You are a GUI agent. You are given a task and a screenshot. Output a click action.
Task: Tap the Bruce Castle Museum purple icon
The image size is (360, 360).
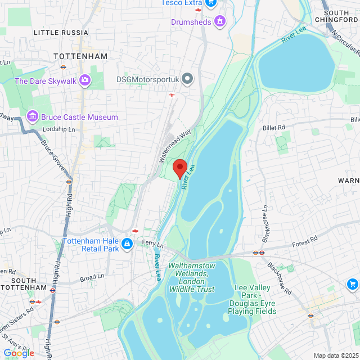click(x=33, y=117)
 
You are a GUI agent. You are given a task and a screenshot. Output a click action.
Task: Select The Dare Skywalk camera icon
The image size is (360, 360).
click(x=85, y=80)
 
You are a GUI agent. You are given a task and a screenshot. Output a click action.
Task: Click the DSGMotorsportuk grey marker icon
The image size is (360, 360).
click(x=188, y=80)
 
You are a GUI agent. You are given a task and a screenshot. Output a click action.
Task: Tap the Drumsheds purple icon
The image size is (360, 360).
click(x=220, y=22)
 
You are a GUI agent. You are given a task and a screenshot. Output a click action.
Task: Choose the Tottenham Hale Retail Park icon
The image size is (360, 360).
click(x=128, y=244)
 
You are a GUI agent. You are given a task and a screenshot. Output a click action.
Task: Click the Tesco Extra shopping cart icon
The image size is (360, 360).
click(x=211, y=3)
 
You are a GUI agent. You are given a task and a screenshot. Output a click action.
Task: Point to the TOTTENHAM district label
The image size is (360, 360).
click(x=80, y=57)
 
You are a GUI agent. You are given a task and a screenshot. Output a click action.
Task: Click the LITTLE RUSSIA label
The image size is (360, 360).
click(x=61, y=33)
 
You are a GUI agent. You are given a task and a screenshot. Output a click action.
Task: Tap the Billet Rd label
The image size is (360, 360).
click(x=274, y=128)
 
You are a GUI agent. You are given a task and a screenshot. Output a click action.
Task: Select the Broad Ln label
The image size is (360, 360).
click(x=92, y=277)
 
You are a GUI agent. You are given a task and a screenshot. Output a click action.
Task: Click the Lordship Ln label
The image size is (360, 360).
click(x=62, y=129)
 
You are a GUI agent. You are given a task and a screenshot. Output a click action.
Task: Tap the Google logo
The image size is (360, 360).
click(x=19, y=353)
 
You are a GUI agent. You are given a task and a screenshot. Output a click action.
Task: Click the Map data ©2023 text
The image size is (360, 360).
click(x=335, y=355)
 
